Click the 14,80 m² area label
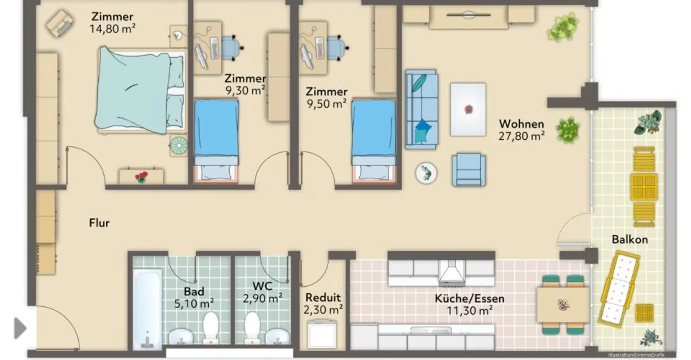(113, 29)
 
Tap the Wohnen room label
(522, 124)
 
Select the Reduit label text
(323, 298)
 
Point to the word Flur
(99, 223)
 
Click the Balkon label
(630, 240)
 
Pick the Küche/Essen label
(469, 299)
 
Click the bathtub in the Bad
(147, 309)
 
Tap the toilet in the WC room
(252, 327)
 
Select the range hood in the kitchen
(452, 272)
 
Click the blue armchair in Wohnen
(468, 169)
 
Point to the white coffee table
(468, 109)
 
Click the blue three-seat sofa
(421, 109)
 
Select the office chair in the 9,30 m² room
(232, 48)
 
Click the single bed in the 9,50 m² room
(373, 140)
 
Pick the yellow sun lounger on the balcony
(618, 288)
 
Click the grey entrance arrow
(20, 328)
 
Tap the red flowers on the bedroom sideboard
(142, 178)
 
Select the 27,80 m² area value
(522, 136)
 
